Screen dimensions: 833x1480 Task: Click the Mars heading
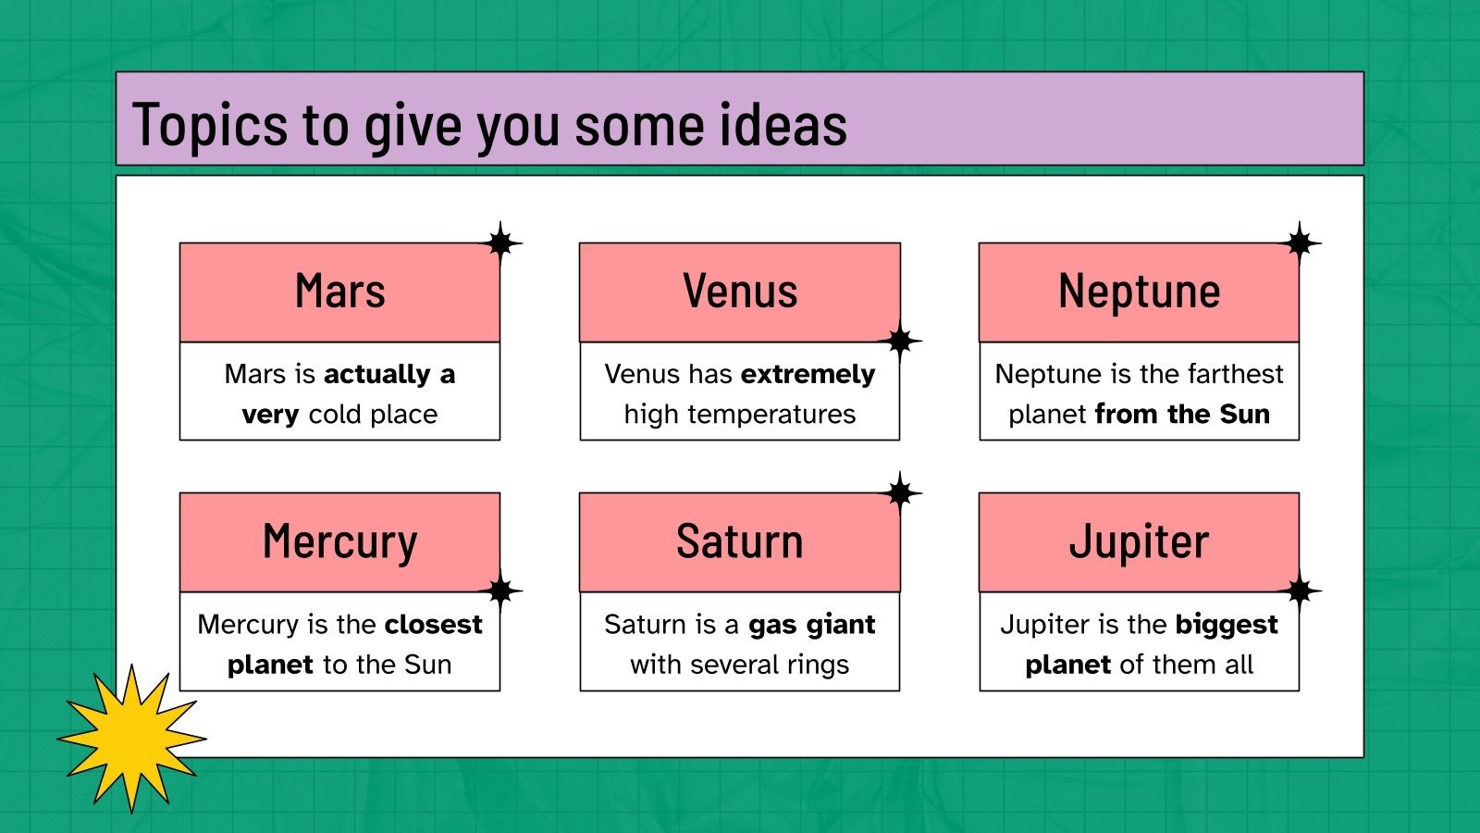[x=339, y=292]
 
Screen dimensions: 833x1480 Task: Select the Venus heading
[x=740, y=292]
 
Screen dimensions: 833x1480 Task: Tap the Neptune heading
[x=1139, y=292]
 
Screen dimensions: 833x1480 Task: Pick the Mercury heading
[x=339, y=542]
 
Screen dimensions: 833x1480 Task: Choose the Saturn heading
[x=740, y=542]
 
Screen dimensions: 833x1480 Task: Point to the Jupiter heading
[x=1139, y=542]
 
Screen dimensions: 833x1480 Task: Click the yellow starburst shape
[x=131, y=738]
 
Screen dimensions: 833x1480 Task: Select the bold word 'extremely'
[x=808, y=374]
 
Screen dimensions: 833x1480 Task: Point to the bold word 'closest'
[x=434, y=625]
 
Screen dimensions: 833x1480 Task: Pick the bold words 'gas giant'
[x=811, y=625]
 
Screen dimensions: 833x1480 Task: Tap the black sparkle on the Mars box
[x=500, y=243]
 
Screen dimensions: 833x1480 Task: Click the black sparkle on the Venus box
[x=900, y=342]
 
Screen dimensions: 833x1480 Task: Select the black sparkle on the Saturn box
[x=900, y=493]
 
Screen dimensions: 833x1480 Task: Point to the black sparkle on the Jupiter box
[x=1300, y=591]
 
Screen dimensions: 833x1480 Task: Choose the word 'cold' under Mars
[x=335, y=415]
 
